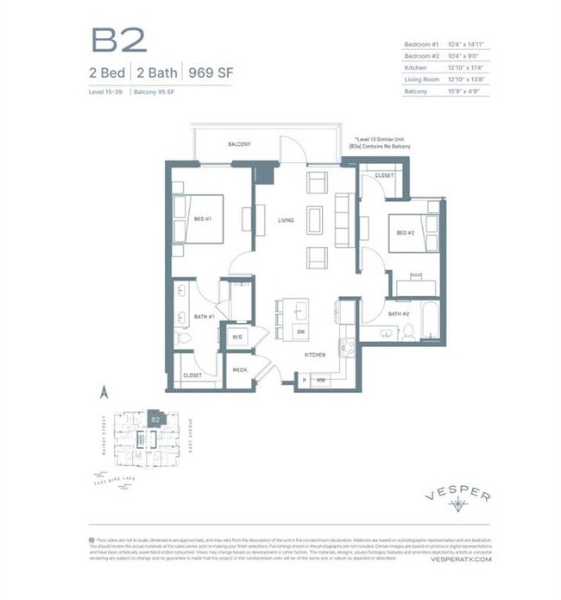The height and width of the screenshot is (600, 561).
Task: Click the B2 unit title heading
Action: [x=118, y=40]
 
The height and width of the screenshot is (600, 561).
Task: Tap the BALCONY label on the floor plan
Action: [x=239, y=144]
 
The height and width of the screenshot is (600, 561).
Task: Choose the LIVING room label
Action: [x=286, y=220]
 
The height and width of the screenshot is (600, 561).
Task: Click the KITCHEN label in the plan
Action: [x=313, y=355]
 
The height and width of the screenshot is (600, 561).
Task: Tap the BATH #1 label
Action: [x=204, y=317]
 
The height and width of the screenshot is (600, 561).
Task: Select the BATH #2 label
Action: [x=398, y=314]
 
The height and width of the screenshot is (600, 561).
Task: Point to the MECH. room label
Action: [x=239, y=370]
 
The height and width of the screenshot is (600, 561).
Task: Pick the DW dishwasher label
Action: [x=300, y=332]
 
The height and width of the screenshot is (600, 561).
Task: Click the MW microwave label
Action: [x=320, y=380]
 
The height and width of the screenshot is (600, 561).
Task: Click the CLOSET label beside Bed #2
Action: [x=384, y=176]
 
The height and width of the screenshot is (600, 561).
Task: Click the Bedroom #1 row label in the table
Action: [x=421, y=45]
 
